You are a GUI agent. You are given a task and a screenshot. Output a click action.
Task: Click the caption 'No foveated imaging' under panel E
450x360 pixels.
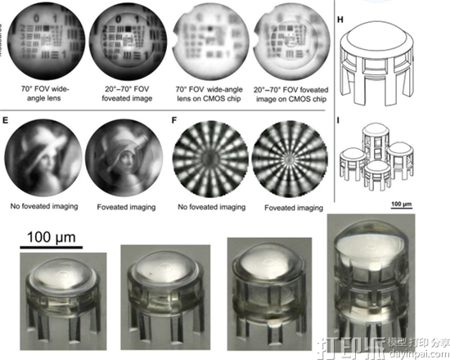(41, 208)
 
